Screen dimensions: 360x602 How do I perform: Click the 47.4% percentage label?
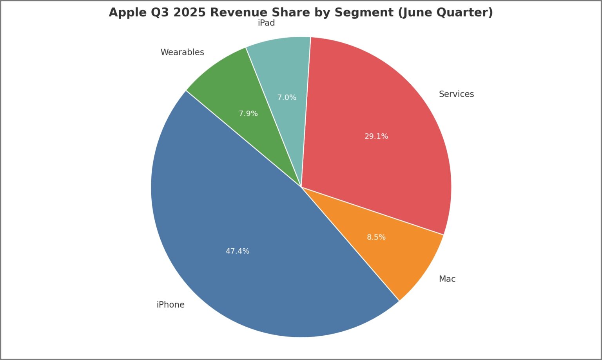[238, 251]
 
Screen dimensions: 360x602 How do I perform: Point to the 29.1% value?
[376, 136]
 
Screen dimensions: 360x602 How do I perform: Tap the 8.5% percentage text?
[376, 237]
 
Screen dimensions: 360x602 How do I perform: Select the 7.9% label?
[248, 114]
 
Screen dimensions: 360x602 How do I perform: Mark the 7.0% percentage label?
[287, 98]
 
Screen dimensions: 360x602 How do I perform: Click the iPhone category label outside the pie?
[170, 305]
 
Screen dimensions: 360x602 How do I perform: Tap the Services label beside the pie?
[456, 94]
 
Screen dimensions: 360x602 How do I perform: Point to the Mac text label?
[447, 279]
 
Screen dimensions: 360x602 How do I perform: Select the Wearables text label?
[182, 52]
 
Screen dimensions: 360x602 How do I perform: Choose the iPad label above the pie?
[266, 23]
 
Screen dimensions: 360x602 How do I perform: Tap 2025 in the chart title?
[189, 13]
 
